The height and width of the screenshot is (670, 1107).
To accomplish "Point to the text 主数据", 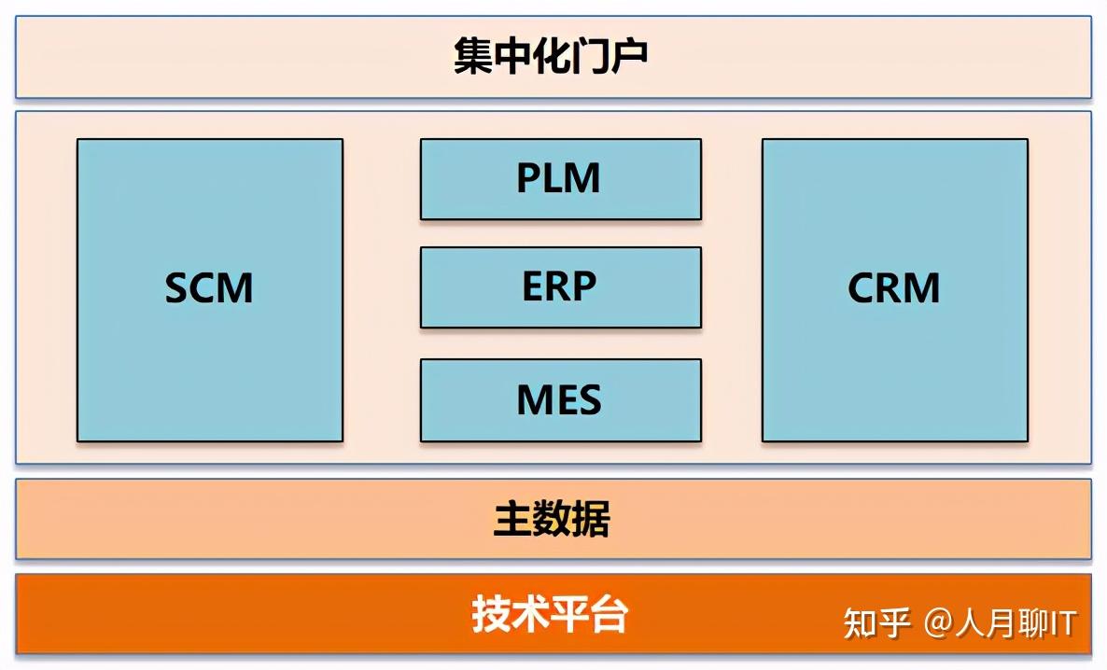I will [551, 520].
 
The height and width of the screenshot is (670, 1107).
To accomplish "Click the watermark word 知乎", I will [876, 623].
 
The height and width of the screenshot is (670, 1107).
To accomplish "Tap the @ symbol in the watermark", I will [938, 623].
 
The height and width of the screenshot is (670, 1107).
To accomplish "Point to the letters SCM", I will [209, 288].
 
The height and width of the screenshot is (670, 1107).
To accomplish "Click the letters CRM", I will [893, 288].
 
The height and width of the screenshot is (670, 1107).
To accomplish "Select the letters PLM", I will [558, 177].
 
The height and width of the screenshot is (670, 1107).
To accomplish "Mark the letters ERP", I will [558, 286].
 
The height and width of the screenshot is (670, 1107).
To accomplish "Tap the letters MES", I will [558, 399].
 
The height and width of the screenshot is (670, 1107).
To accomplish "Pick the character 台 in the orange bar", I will [609, 615].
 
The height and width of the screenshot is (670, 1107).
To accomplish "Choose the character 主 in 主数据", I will [511, 520].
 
